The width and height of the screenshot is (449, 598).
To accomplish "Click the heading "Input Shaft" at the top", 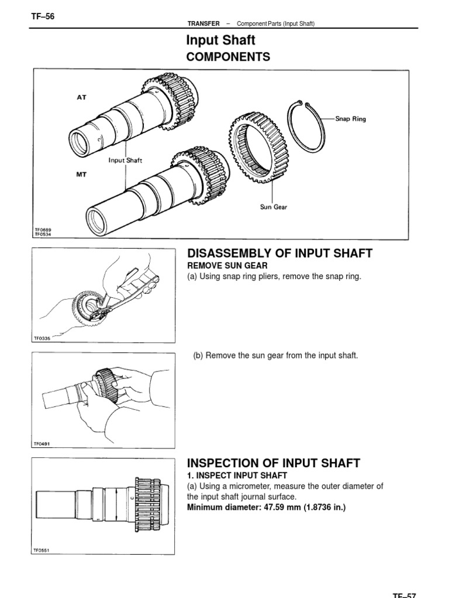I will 220,40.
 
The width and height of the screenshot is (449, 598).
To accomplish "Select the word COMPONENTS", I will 228,57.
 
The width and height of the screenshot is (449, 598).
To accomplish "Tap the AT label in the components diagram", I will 81,98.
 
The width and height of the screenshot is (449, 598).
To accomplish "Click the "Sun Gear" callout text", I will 274,207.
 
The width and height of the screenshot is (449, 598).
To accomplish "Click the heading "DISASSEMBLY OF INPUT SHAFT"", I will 279,253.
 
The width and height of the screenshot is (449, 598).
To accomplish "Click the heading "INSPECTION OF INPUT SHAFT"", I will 274,464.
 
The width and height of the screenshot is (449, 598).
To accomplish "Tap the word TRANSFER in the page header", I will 203,23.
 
